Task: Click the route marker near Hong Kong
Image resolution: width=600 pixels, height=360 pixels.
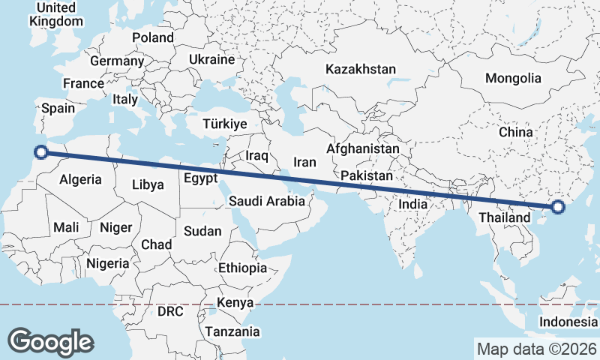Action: (x=557, y=207)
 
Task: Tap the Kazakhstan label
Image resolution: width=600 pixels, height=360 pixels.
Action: (x=360, y=69)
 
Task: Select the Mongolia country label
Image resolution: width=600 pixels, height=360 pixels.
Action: (x=513, y=78)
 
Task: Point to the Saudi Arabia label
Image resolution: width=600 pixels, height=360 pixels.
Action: (x=267, y=200)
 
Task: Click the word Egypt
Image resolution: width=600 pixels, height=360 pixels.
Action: (x=201, y=178)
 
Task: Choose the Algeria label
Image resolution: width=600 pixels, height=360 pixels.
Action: (x=80, y=179)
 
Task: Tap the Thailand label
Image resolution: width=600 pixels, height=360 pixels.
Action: (x=500, y=217)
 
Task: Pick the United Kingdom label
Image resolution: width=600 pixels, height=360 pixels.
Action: (x=56, y=14)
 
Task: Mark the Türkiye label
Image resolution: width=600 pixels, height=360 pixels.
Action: (x=225, y=124)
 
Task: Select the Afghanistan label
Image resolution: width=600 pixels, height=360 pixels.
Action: (x=363, y=148)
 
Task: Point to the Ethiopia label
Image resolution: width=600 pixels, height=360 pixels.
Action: (x=242, y=268)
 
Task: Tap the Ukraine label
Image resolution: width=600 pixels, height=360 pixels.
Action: (x=211, y=59)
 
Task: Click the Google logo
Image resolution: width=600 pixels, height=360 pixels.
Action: (x=50, y=342)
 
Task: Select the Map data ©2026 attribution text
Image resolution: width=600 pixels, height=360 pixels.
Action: (x=536, y=349)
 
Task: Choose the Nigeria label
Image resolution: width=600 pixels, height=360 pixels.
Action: (x=108, y=263)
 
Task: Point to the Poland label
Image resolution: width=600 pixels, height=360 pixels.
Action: (x=153, y=37)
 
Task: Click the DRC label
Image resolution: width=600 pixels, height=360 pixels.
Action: (x=170, y=310)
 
